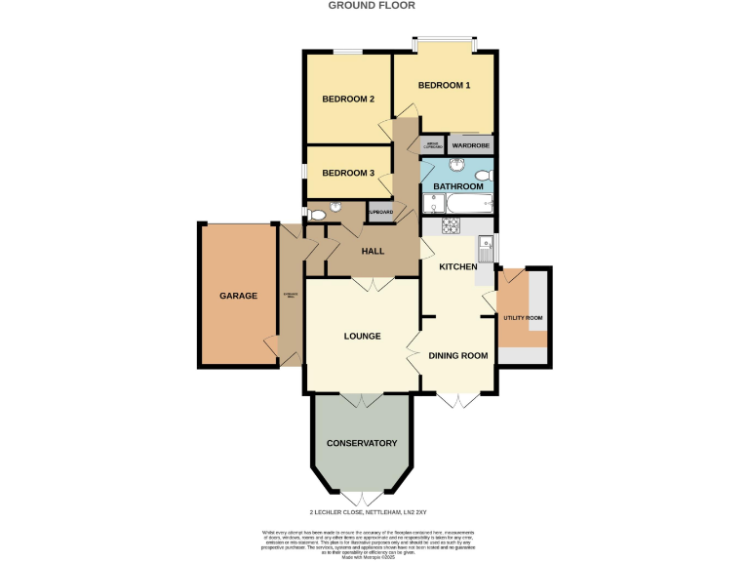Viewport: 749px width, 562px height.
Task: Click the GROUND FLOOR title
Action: [371, 6]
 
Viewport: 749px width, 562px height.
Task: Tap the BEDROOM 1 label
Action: [444, 86]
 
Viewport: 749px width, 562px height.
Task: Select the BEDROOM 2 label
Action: [348, 99]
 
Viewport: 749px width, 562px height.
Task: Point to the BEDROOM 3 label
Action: [348, 173]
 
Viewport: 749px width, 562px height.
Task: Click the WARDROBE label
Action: [470, 146]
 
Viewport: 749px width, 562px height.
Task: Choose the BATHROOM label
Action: [458, 186]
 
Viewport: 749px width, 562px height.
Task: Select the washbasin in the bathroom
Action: [456, 165]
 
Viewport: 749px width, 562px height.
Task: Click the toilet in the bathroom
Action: [486, 177]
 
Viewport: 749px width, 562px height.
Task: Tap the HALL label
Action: [373, 252]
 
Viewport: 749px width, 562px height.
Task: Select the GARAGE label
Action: [238, 296]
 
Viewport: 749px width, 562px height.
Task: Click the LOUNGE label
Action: [362, 336]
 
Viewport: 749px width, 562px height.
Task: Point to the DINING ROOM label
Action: [458, 355]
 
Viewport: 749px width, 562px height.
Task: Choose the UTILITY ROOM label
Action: [523, 318]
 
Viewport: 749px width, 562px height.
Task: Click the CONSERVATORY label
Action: [362, 443]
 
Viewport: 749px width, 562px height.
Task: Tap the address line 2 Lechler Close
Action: [362, 511]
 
